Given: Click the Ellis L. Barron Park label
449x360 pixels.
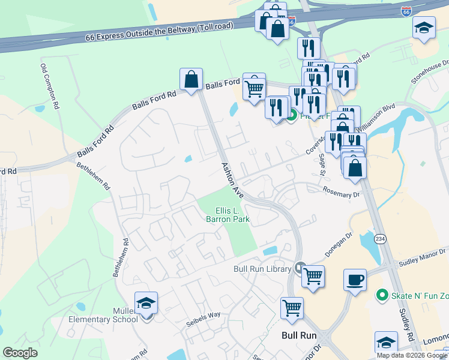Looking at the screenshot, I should pos(228,215).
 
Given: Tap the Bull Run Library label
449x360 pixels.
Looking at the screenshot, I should pos(262,269).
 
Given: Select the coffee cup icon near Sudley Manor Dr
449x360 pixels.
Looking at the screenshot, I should pos(354,279).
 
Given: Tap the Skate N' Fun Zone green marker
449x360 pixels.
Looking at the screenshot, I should pos(381,295).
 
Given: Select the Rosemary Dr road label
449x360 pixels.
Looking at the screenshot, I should pos(340,192).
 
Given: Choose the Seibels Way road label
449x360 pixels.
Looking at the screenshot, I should pos(202,315).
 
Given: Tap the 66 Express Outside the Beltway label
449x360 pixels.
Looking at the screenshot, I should pos(125,35).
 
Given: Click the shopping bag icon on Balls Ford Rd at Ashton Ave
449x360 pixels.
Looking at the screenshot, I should pos(191,79).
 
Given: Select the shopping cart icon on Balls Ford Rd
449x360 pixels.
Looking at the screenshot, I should pos(254,88).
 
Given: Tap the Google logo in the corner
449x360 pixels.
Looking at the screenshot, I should pos(19,353).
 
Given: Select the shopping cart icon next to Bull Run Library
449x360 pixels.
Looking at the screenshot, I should pos(312,277).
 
